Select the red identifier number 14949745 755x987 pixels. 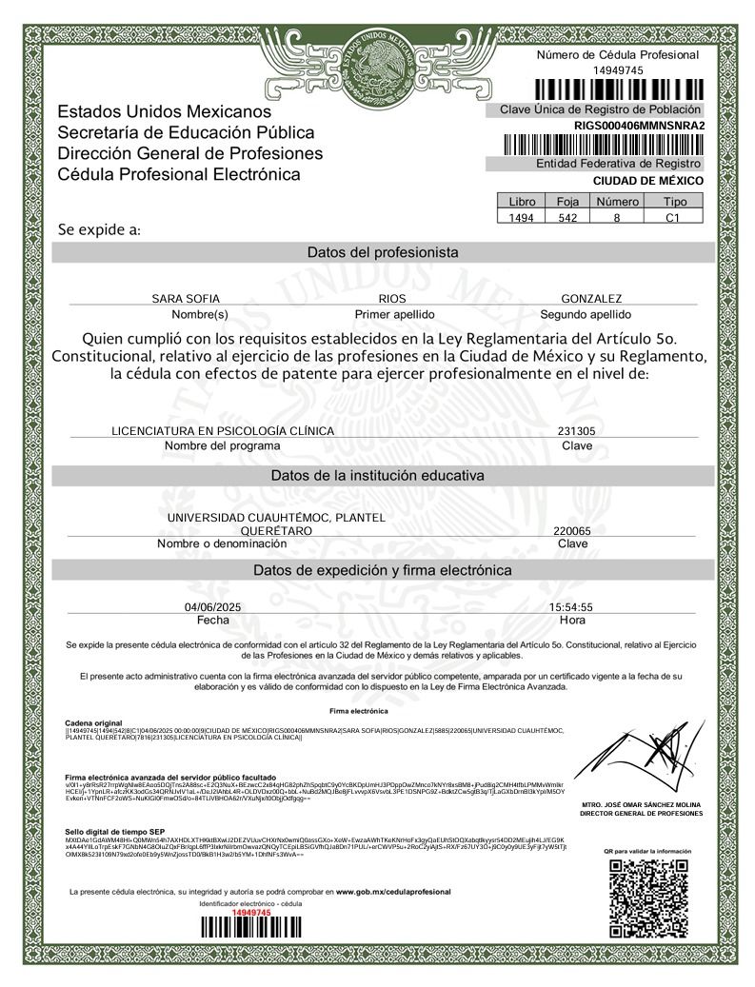click(251, 912)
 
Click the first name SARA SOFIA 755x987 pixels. click(186, 298)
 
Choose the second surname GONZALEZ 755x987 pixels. click(591, 298)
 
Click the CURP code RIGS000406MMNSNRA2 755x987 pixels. click(639, 126)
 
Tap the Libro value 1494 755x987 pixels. click(523, 217)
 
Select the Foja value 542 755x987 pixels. click(568, 217)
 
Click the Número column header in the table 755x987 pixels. click(617, 202)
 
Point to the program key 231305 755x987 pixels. click(576, 431)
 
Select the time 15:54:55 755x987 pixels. click(571, 606)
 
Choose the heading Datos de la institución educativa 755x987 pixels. click(378, 474)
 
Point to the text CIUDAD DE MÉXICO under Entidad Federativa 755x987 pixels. click(647, 180)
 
